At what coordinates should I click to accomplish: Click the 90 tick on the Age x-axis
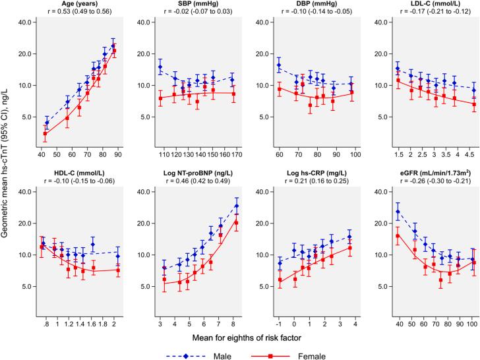point(118,154)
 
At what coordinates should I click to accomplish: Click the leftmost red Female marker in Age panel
point(45,134)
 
